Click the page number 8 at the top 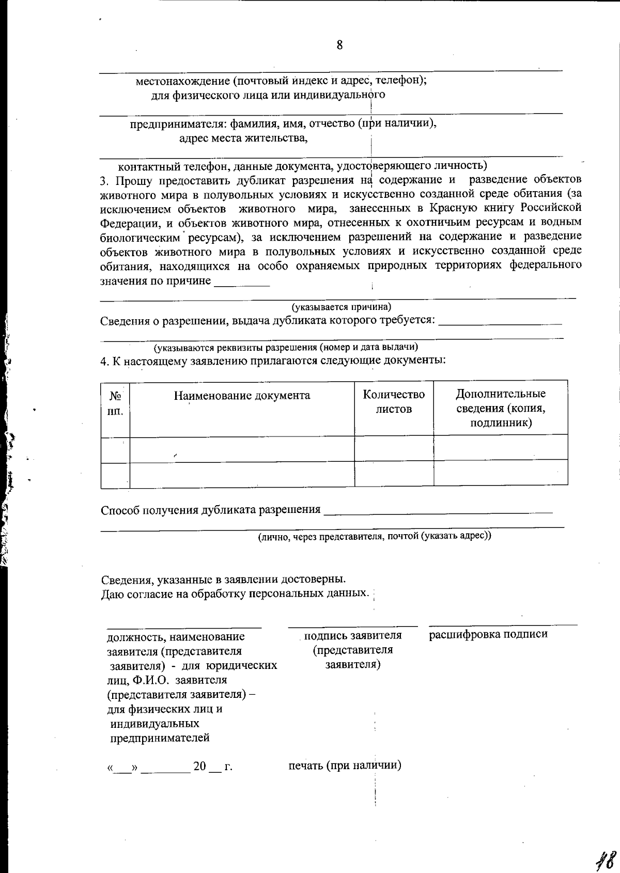[x=339, y=45]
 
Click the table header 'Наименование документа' [x=242, y=396]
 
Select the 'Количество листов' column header [x=394, y=401]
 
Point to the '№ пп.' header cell [x=115, y=403]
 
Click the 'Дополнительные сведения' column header [x=500, y=408]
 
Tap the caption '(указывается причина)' [x=342, y=307]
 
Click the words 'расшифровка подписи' [x=488, y=634]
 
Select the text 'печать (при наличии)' [x=345, y=765]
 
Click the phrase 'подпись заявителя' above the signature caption [x=353, y=635]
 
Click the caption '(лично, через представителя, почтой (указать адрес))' [x=375, y=536]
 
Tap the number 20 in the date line [x=199, y=766]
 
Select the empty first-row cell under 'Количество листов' [x=394, y=447]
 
